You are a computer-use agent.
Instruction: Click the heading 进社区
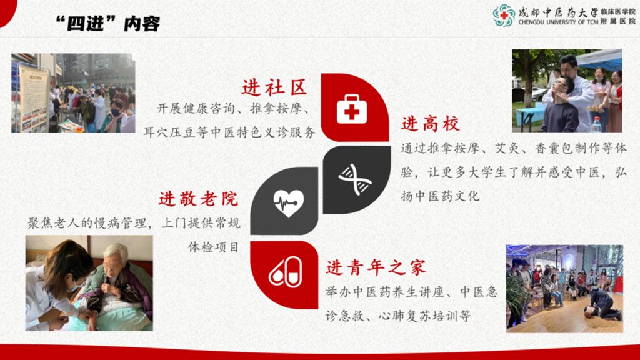[x=274, y=87]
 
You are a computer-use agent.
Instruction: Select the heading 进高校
[x=430, y=124]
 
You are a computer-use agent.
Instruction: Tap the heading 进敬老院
[x=198, y=199]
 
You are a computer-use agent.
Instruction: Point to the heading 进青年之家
[x=376, y=267]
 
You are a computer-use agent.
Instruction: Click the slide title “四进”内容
[x=107, y=24]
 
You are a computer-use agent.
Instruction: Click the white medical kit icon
[x=352, y=109]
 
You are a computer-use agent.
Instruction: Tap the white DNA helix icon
[x=355, y=179]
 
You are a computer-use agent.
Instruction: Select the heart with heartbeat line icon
[x=289, y=203]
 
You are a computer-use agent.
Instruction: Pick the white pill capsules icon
[x=285, y=271]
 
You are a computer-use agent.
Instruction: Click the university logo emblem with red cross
[x=504, y=15]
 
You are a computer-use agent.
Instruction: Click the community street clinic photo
[x=73, y=93]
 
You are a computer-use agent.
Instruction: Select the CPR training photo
[x=564, y=289]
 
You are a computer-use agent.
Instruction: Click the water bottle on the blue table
[x=596, y=124]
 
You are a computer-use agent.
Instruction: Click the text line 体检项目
[x=213, y=247]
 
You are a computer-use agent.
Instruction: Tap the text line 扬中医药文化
[x=440, y=196]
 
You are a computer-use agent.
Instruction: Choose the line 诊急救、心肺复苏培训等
[x=398, y=316]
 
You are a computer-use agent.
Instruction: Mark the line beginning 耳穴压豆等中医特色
[x=229, y=132]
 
